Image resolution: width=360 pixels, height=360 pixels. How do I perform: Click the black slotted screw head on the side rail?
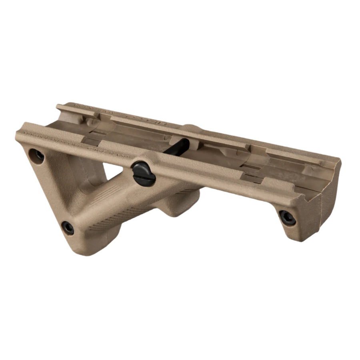pyautogui.click(x=144, y=172)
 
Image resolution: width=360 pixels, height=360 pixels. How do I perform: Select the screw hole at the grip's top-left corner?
pyautogui.click(x=38, y=155)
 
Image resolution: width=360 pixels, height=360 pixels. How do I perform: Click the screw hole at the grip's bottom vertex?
pyautogui.click(x=68, y=228)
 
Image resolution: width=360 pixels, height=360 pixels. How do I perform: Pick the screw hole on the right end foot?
pyautogui.click(x=287, y=217)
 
